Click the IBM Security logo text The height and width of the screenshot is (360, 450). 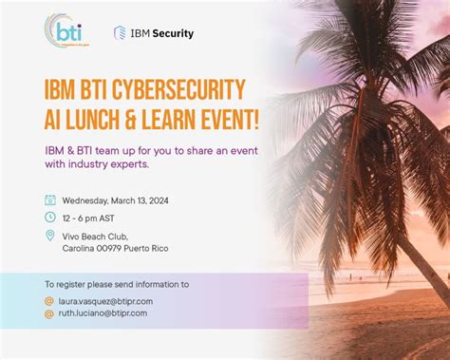[x=160, y=33]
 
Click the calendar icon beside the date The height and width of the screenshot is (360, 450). [x=50, y=200]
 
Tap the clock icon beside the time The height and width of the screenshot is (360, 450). [x=50, y=217]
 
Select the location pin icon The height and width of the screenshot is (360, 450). [x=50, y=236]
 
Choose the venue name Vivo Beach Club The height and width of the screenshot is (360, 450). [x=95, y=236]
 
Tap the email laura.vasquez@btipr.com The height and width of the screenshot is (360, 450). [x=104, y=301]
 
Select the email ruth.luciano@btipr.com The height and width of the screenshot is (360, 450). [x=102, y=313]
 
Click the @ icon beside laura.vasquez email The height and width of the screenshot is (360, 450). [x=49, y=301]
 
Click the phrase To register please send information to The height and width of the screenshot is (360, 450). [x=117, y=283]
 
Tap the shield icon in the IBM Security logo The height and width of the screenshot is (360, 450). [x=121, y=33]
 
